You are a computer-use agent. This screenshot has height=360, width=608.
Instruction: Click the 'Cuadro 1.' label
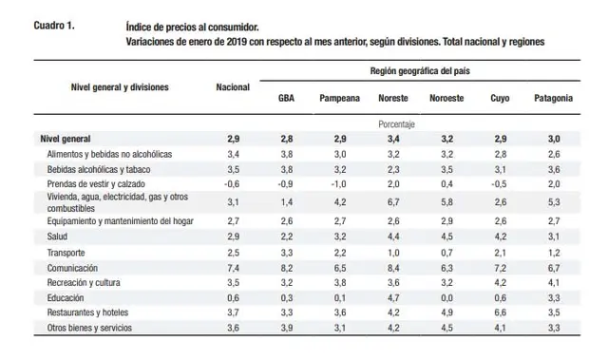click(x=54, y=26)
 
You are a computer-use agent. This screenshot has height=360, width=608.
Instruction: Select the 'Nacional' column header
click(x=233, y=87)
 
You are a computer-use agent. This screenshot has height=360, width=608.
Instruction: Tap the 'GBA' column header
click(x=286, y=98)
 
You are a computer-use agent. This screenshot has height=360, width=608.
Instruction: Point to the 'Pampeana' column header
click(x=340, y=99)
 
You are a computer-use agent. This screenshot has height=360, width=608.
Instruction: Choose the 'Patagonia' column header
click(x=553, y=98)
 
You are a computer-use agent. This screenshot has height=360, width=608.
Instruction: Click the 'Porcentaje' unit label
click(x=396, y=124)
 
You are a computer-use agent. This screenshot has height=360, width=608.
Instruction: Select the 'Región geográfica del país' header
click(x=420, y=71)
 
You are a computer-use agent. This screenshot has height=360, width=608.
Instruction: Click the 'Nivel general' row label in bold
click(x=66, y=139)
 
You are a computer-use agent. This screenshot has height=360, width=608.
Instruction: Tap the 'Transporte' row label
click(x=66, y=253)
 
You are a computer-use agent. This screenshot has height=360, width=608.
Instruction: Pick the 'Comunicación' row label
click(x=72, y=268)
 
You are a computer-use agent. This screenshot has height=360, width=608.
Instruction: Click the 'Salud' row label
click(x=57, y=237)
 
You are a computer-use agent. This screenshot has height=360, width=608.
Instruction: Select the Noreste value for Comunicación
click(x=393, y=268)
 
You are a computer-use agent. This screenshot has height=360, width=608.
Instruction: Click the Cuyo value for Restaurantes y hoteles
click(x=501, y=313)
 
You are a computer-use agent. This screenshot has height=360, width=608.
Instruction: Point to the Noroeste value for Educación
click(x=446, y=297)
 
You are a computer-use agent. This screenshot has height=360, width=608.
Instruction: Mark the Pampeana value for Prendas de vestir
click(x=338, y=184)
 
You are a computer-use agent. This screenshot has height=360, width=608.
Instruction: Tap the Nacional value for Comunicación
click(x=233, y=268)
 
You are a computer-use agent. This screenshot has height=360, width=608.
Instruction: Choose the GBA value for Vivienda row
click(x=286, y=202)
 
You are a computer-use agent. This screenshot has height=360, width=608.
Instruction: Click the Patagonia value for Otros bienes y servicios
click(x=554, y=328)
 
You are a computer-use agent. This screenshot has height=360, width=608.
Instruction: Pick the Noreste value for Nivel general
click(x=393, y=139)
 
